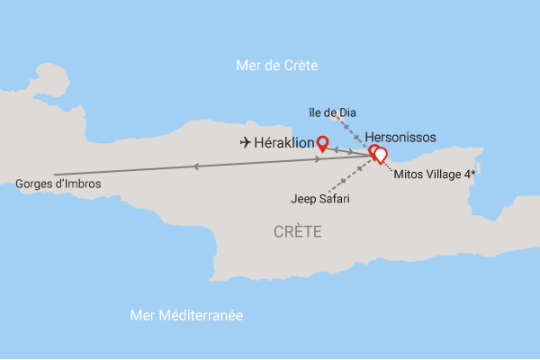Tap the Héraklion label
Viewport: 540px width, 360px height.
coord(286,142)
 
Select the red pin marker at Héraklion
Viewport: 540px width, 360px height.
coord(321,141)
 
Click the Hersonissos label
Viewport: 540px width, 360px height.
coord(400,137)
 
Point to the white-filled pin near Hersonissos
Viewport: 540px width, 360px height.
coord(380,154)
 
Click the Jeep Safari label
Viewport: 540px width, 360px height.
coord(320,198)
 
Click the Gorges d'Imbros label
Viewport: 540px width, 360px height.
coord(58,184)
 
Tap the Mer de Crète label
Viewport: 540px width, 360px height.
coord(276,65)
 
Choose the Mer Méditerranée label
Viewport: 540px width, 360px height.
coord(187,316)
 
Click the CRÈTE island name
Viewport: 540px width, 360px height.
coord(297,232)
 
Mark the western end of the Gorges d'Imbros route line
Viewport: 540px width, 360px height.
coord(55,174)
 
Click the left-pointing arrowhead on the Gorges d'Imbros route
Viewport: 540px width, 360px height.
coord(196,166)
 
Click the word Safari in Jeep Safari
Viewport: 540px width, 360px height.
coord(333,198)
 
